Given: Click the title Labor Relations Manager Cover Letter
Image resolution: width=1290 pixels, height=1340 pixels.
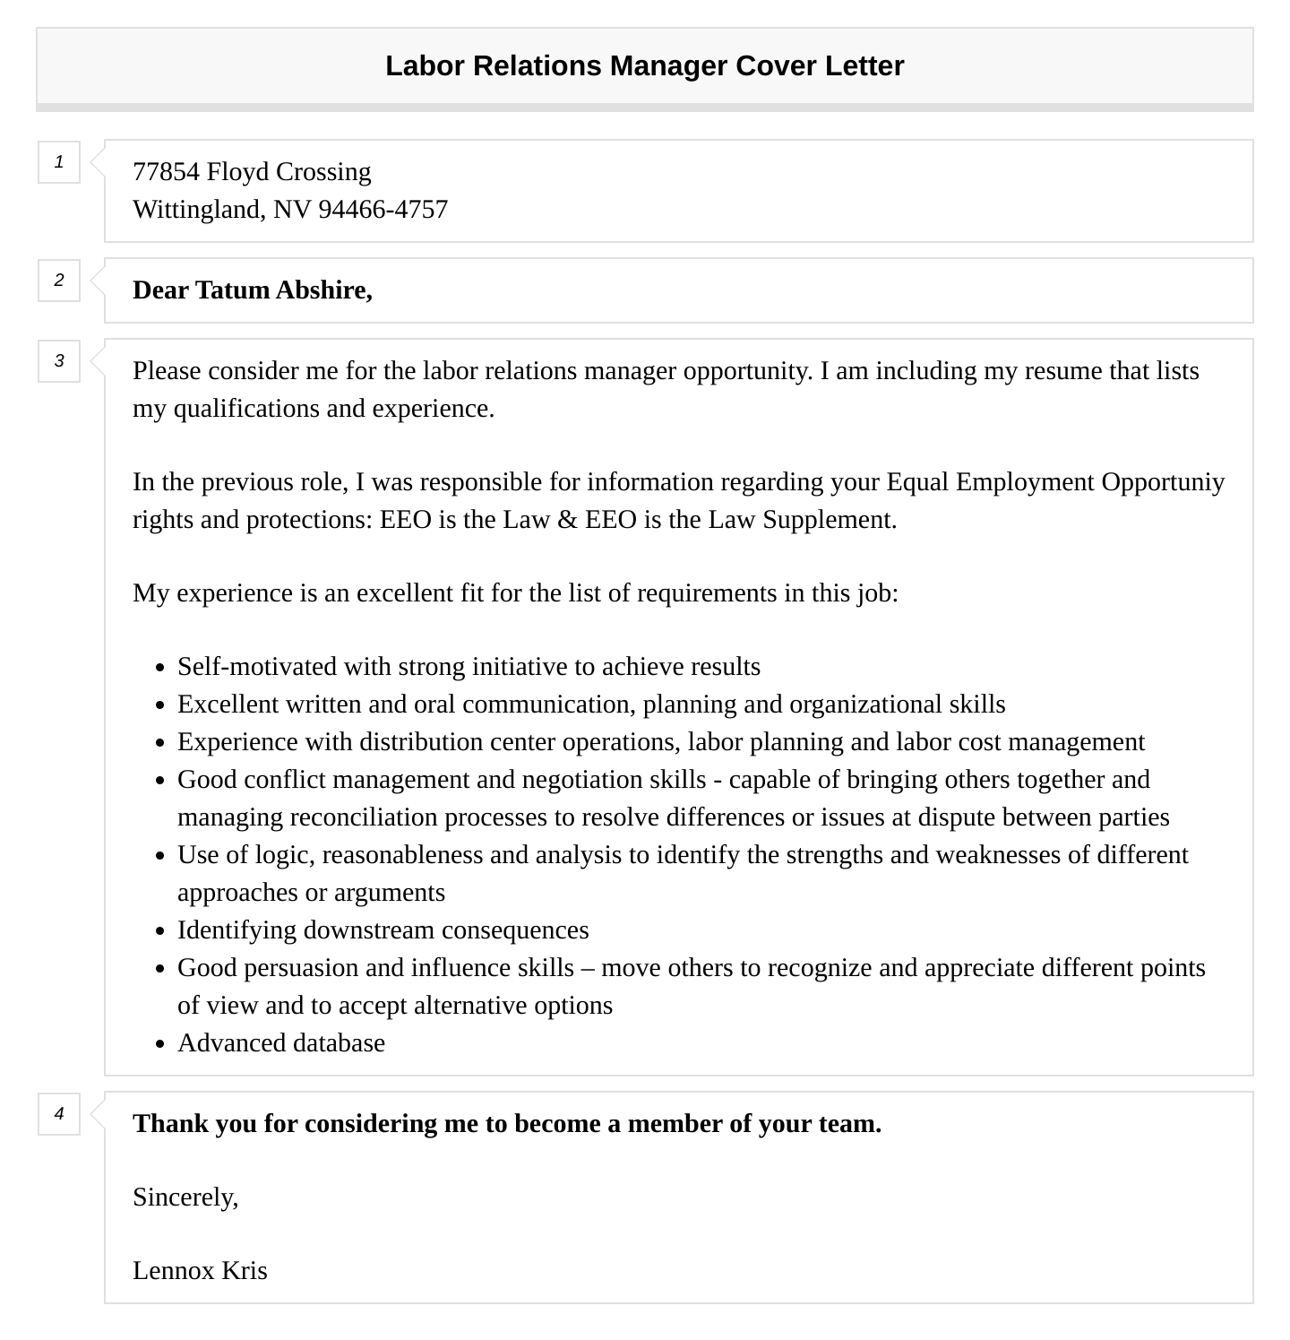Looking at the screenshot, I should pos(644,66).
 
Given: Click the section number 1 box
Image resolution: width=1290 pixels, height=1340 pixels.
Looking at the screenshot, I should pos(59,162).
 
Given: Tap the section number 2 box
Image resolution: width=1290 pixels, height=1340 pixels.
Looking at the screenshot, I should pos(59,281).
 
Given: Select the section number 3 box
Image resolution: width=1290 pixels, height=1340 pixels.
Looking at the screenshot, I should pos(59,361).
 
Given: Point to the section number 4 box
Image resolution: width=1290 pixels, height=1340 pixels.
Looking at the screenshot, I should pos(59,1114).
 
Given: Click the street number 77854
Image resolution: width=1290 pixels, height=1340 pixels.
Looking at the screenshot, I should pos(166,172).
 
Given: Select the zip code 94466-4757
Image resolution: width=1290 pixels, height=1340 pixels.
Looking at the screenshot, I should pos(383,210).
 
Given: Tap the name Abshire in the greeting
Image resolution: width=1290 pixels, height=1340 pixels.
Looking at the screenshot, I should pos(323,290).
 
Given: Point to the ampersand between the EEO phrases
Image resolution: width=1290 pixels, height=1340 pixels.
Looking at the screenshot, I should pos(566,520).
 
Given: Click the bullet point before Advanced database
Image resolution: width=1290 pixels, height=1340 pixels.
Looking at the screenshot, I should pos(160,1044).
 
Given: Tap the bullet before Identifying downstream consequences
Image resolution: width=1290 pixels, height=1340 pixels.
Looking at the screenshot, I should pos(160,931).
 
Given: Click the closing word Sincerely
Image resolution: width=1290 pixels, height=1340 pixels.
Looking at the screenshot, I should pos(185,1197).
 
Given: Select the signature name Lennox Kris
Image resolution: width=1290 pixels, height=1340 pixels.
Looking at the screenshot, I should pos(200,1271).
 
